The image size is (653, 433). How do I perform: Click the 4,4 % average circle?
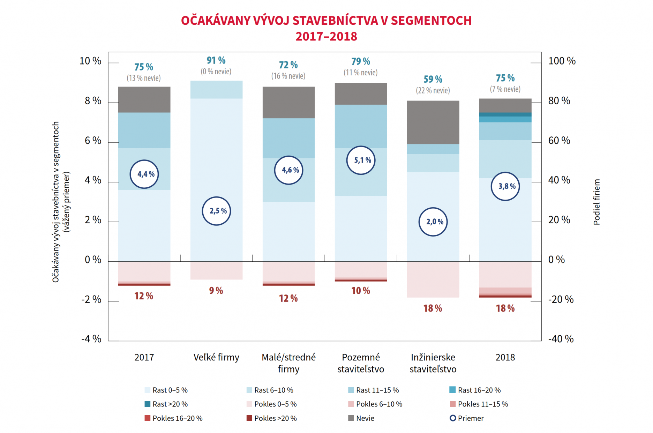click(144, 174)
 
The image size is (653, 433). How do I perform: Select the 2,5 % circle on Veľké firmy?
click(216, 211)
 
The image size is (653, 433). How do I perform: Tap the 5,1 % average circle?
click(361, 160)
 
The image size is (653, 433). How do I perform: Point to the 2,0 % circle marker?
click(433, 222)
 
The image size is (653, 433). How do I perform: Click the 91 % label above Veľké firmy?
click(216, 61)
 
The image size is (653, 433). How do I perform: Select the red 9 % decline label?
click(216, 291)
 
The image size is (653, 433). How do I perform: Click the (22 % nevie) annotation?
click(433, 90)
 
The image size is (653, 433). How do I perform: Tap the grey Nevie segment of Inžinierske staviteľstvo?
click(433, 122)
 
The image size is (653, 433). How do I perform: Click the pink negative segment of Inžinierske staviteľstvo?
click(433, 279)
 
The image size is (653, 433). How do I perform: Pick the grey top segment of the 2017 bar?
click(144, 99)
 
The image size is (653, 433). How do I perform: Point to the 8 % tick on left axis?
click(93, 101)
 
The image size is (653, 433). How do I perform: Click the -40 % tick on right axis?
click(561, 339)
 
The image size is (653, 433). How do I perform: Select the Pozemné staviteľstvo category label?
click(361, 363)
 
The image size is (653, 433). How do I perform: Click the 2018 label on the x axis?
click(505, 357)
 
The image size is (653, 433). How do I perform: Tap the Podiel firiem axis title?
click(596, 202)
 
